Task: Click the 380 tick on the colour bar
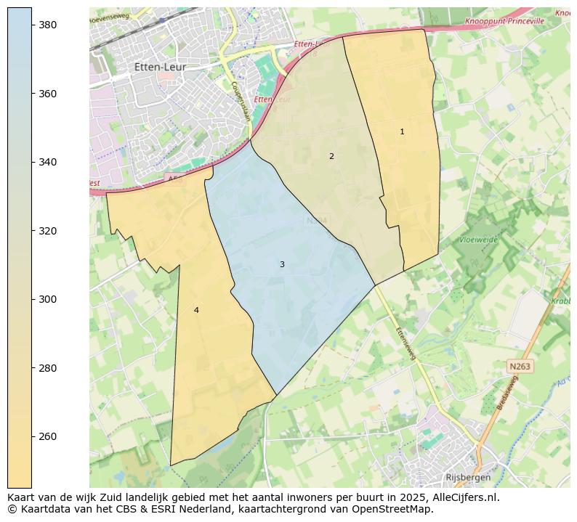point(48,25)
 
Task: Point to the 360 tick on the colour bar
point(48,94)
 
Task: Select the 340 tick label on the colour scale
point(48,162)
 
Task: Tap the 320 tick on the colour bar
point(48,231)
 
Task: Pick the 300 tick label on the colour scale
point(48,299)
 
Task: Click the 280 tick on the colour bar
point(48,368)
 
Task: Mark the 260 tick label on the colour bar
point(48,436)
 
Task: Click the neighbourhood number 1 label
point(402,132)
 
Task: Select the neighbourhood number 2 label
point(331,156)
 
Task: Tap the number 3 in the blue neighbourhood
point(282,264)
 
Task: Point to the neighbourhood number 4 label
point(196,311)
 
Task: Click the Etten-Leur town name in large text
point(160,67)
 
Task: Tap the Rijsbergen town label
point(467,478)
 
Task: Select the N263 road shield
point(520,367)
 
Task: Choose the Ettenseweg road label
point(405,343)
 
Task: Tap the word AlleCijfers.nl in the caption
point(461,497)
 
